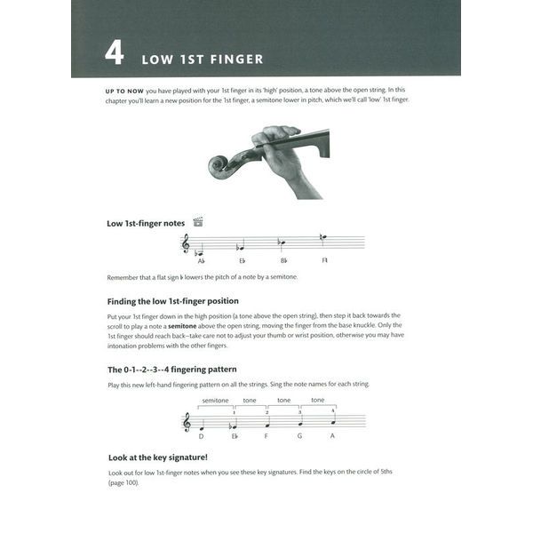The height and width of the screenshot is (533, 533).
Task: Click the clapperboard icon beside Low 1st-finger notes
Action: click(x=198, y=222)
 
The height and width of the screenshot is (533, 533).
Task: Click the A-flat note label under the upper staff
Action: click(x=201, y=260)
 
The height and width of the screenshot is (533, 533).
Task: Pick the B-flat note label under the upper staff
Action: click(x=283, y=260)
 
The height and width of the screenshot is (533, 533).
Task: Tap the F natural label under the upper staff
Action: click(x=325, y=260)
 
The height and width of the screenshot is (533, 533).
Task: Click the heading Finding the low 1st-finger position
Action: click(x=172, y=300)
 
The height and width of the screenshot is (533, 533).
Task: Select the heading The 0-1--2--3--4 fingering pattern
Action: click(x=171, y=369)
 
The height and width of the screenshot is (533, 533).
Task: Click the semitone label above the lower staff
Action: click(x=215, y=400)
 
